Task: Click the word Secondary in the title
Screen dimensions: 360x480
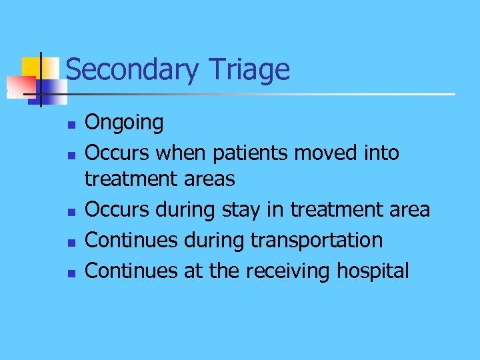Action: coord(133,69)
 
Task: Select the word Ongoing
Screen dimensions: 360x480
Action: coord(124,123)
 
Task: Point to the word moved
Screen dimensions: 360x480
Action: coord(323,153)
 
